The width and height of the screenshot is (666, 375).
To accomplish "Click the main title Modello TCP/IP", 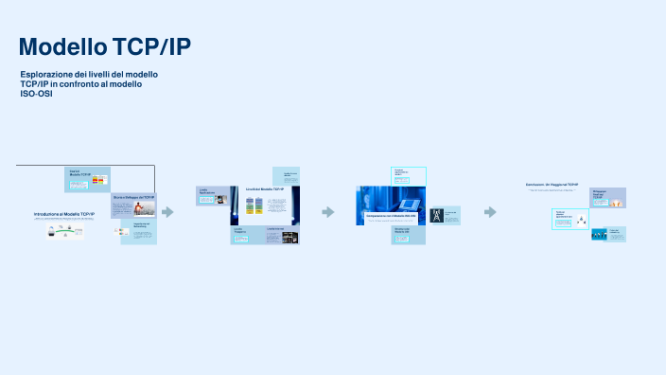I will pyautogui.click(x=110, y=47).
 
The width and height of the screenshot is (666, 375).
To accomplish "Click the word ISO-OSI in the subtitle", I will pyautogui.click(x=36, y=94).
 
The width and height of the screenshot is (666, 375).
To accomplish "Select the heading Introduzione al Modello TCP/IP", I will pyautogui.click(x=63, y=215).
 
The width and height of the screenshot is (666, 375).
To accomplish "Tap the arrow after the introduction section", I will pyautogui.click(x=167, y=212).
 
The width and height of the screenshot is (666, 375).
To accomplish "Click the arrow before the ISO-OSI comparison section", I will pyautogui.click(x=328, y=212).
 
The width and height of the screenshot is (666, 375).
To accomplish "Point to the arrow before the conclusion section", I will pyautogui.click(x=491, y=212).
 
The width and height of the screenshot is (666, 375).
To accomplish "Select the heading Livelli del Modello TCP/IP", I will pyautogui.click(x=264, y=189).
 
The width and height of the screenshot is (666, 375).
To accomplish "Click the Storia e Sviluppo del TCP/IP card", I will pyautogui.click(x=132, y=205).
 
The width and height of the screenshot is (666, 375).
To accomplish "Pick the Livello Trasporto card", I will pyautogui.click(x=245, y=235).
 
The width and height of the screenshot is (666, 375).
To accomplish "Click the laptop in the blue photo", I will pyautogui.click(x=410, y=204).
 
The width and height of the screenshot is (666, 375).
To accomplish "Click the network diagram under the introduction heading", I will pyautogui.click(x=63, y=230).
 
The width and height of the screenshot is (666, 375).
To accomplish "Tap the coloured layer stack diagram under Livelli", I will pyautogui.click(x=253, y=209).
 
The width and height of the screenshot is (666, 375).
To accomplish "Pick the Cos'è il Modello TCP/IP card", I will pyautogui.click(x=87, y=178).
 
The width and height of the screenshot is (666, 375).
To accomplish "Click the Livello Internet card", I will pyautogui.click(x=286, y=176).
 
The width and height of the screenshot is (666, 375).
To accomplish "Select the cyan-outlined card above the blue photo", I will pyautogui.click(x=409, y=176).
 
